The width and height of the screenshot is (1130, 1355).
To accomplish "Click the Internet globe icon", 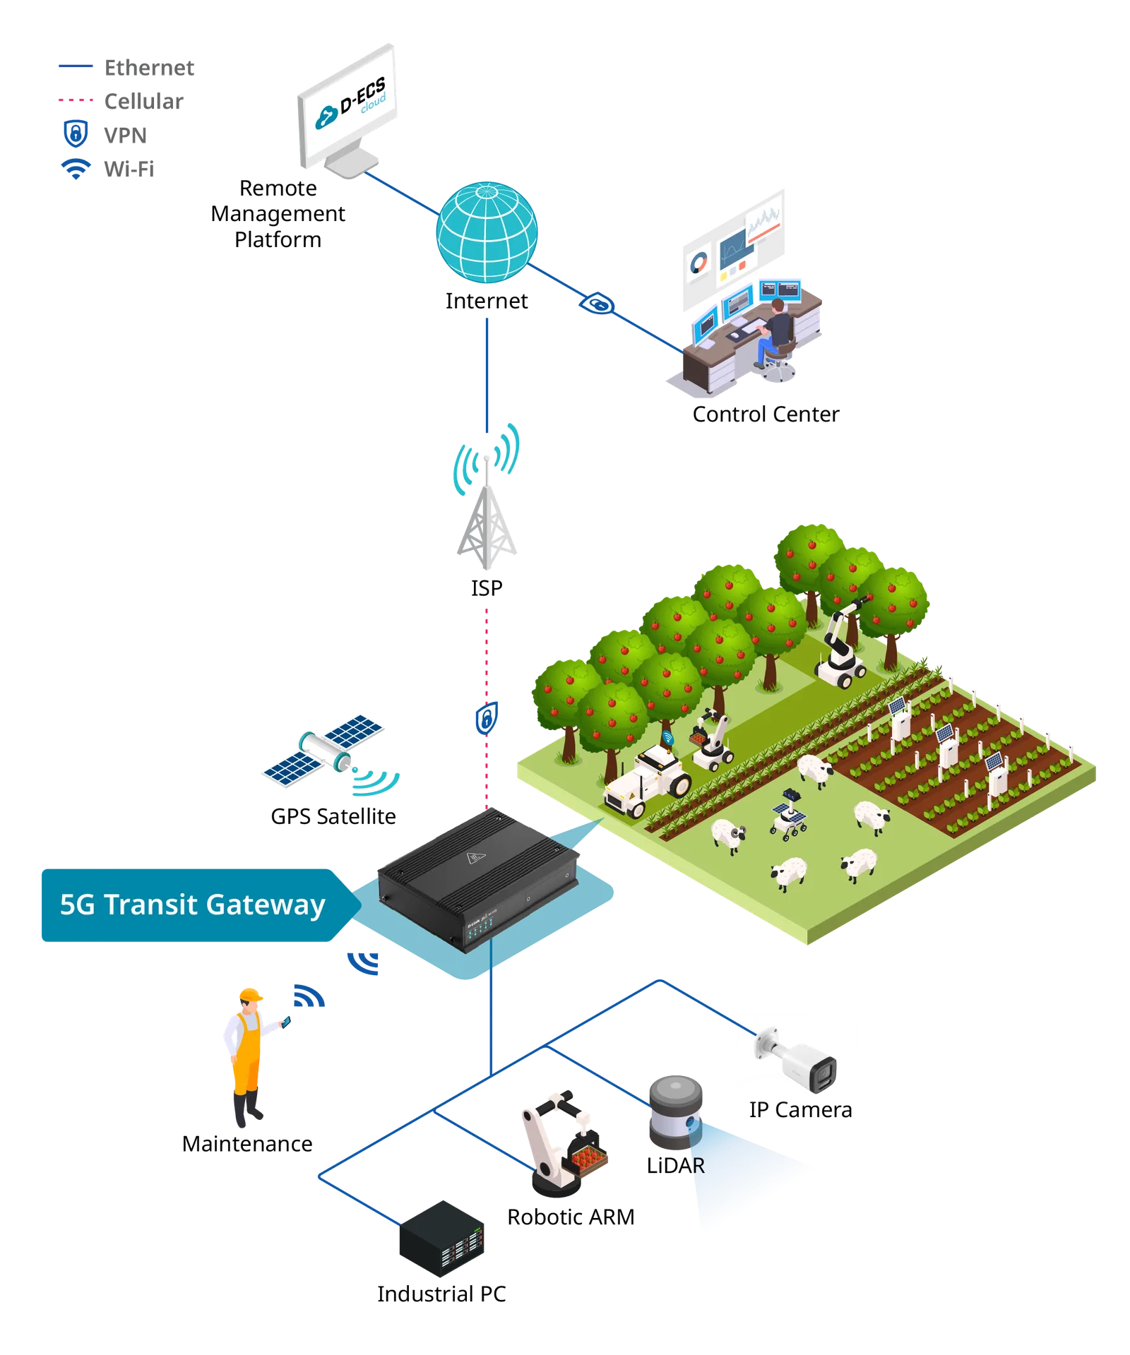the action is pyautogui.click(x=487, y=232).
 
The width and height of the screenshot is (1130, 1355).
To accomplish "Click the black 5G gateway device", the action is pyautogui.click(x=478, y=879).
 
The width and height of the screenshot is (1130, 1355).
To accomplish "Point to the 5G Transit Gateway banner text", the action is pyautogui.click(x=192, y=905).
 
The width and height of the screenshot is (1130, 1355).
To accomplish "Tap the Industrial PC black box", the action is pyautogui.click(x=441, y=1238).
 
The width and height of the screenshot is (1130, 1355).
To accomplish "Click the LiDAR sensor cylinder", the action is pyautogui.click(x=676, y=1111).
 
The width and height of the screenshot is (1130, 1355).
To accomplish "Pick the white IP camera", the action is pyautogui.click(x=796, y=1059).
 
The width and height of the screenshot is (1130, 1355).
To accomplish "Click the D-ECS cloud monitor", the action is pyautogui.click(x=347, y=112).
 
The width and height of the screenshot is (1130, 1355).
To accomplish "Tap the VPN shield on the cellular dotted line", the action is pyautogui.click(x=486, y=719).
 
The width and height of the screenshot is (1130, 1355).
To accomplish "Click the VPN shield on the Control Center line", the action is pyautogui.click(x=597, y=304).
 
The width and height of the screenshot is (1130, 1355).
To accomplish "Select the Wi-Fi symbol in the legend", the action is pyautogui.click(x=76, y=169).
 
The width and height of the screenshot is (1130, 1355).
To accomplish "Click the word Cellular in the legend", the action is pyautogui.click(x=143, y=102).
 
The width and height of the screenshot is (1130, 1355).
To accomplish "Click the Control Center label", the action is pyautogui.click(x=766, y=414).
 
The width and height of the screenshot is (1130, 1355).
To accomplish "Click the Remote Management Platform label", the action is pyautogui.click(x=278, y=214).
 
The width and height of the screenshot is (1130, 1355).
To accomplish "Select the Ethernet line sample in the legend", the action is pyautogui.click(x=76, y=66).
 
